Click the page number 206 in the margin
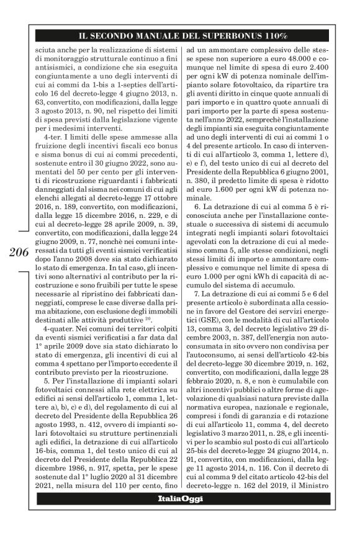coord(19,252)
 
